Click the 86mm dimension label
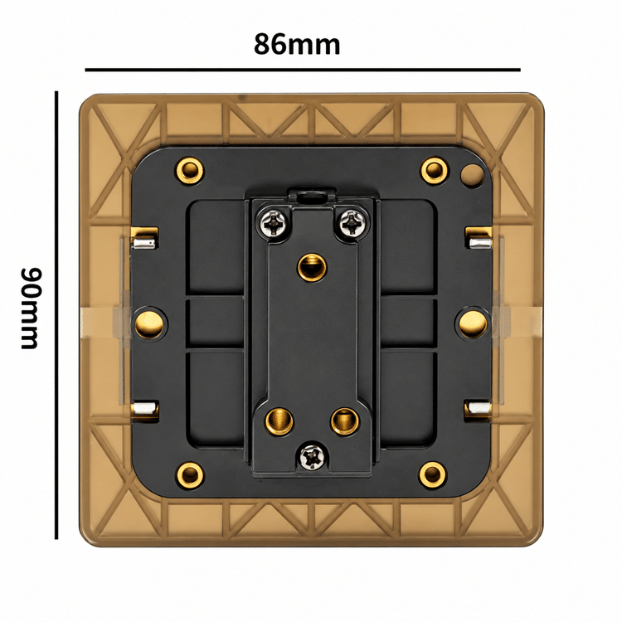click(x=297, y=45)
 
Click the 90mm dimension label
click(x=31, y=309)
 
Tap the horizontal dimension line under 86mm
click(x=303, y=70)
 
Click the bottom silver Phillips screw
click(x=313, y=457)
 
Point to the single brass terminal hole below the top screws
click(x=312, y=267)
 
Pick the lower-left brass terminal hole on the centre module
click(x=279, y=421)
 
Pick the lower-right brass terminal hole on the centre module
click(x=345, y=420)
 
